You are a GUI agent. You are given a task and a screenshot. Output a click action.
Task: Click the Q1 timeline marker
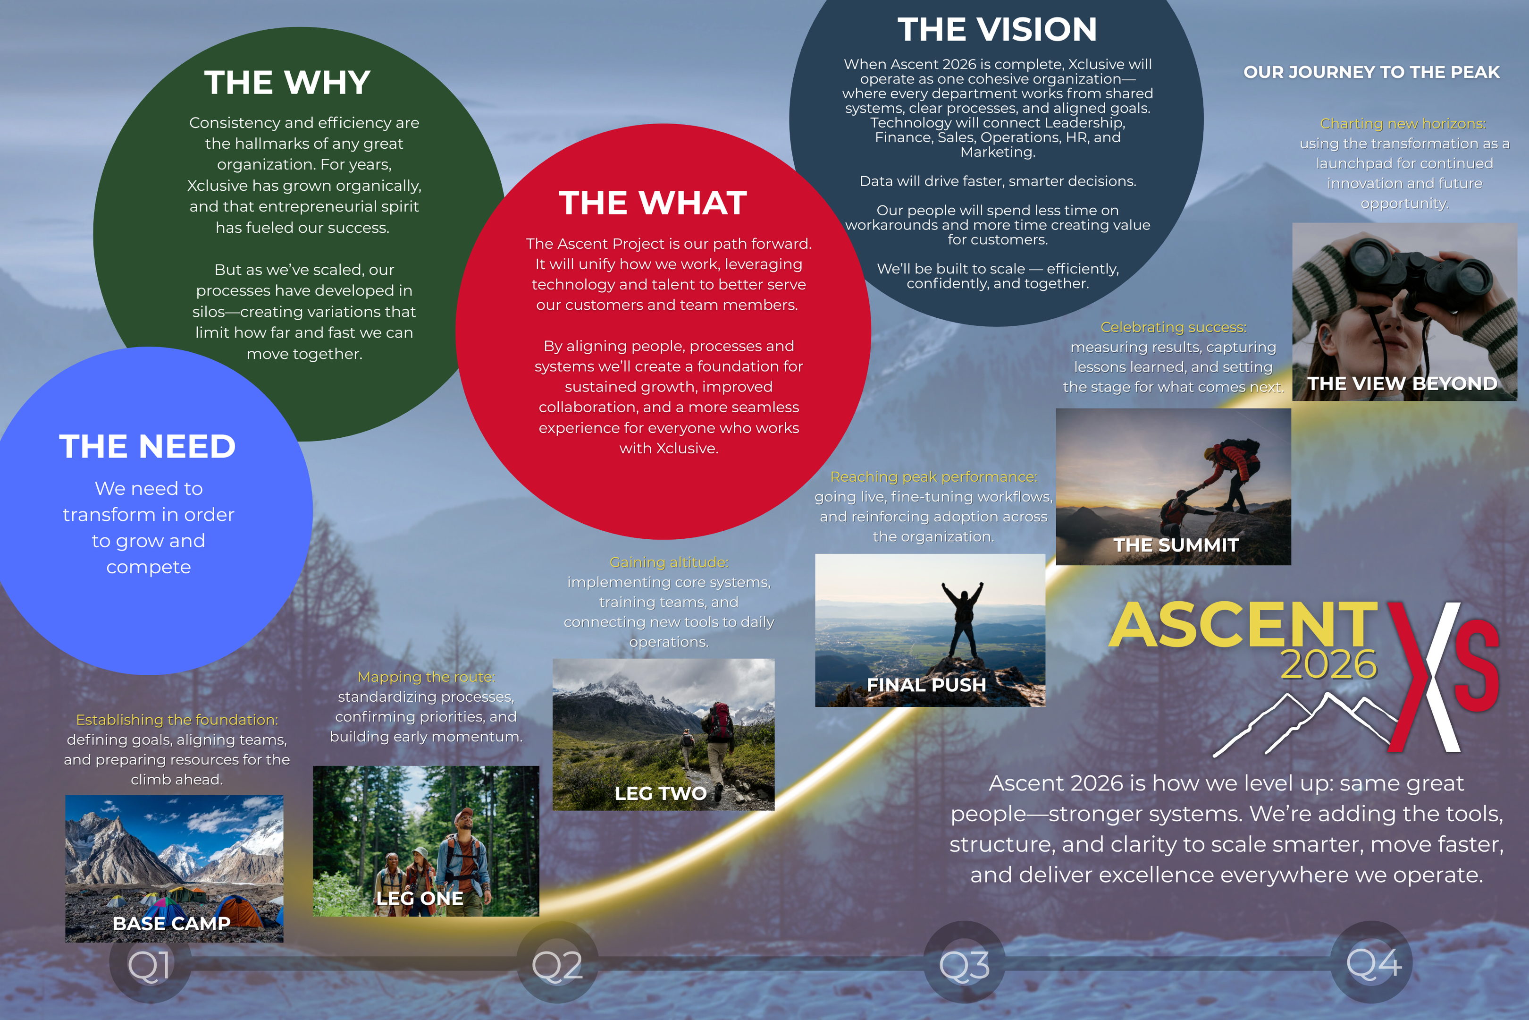[x=150, y=963]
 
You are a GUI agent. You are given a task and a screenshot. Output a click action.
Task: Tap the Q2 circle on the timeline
[x=557, y=963]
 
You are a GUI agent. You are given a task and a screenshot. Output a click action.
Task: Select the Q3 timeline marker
[x=964, y=963]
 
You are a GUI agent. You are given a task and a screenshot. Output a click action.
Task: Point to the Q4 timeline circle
[x=1372, y=963]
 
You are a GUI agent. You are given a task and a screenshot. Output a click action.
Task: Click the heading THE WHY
[x=287, y=83]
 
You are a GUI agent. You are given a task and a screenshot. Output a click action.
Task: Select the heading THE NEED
[x=148, y=446]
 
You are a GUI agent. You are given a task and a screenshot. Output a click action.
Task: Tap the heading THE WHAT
[x=653, y=203]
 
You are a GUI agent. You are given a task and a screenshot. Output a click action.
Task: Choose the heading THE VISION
[x=997, y=30]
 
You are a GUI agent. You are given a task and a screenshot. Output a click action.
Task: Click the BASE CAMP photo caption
[x=172, y=923]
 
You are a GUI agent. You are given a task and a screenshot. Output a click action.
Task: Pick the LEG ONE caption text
[x=420, y=898]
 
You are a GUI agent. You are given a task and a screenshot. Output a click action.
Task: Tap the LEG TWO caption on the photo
[x=661, y=794]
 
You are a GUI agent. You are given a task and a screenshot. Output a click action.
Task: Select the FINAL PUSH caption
[x=926, y=685]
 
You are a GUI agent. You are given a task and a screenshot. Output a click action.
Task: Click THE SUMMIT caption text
[x=1176, y=545]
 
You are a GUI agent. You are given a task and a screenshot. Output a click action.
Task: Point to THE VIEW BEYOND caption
[x=1402, y=384]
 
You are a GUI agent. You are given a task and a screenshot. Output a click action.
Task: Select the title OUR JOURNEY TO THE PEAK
[x=1372, y=72]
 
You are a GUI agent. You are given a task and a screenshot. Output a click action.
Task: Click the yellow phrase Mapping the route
[x=427, y=677]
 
